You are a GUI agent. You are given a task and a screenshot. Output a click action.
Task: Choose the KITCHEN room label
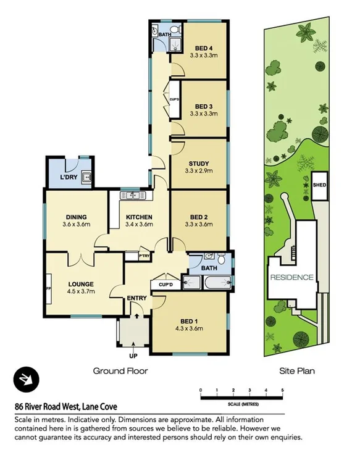(139, 217)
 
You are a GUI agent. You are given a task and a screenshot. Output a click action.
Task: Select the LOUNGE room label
(81, 285)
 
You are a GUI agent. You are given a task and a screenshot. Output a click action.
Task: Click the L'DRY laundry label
(68, 178)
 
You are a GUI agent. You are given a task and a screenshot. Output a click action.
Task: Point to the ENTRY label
(136, 298)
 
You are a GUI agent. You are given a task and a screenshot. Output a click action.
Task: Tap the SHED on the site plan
(319, 185)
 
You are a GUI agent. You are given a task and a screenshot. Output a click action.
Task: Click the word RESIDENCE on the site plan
(291, 277)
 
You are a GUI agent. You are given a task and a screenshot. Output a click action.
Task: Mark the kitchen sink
(132, 196)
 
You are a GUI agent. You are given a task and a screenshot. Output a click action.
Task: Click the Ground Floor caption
(120, 371)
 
